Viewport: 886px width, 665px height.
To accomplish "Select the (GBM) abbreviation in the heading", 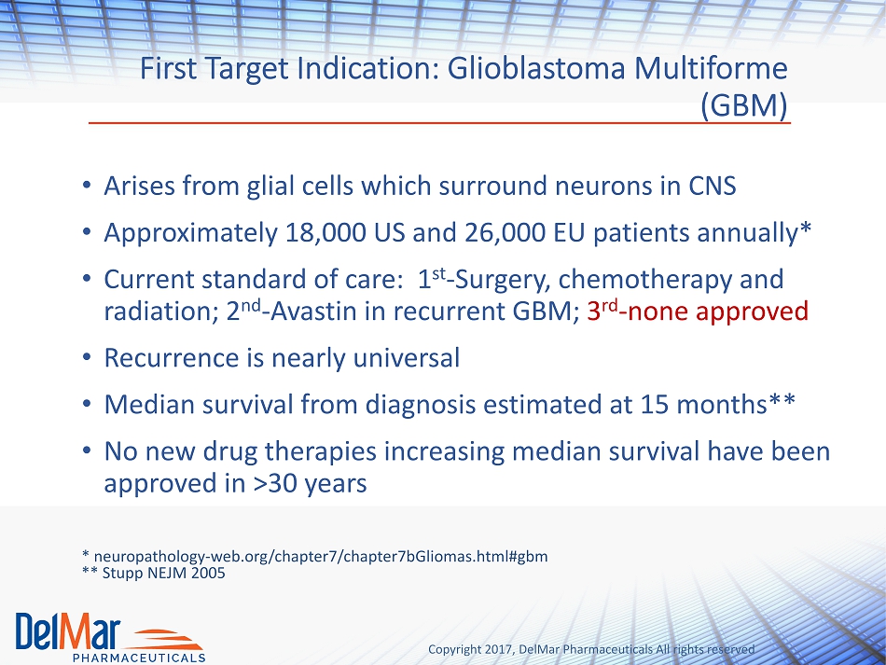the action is point(743,104).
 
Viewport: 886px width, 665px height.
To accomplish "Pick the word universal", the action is point(406,357).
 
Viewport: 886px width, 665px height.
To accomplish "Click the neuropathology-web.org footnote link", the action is point(321,557).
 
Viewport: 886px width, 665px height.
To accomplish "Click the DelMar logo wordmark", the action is point(68,631).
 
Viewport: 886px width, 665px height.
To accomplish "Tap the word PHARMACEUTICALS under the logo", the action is point(139,658).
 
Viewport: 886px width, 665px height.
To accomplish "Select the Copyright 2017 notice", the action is point(591,649).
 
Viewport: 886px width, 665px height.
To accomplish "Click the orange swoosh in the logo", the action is point(167,640).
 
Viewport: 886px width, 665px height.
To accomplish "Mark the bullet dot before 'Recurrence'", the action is point(87,357).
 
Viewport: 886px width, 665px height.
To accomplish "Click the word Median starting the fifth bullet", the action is point(149,405).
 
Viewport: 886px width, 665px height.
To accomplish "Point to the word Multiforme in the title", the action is point(711,69).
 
